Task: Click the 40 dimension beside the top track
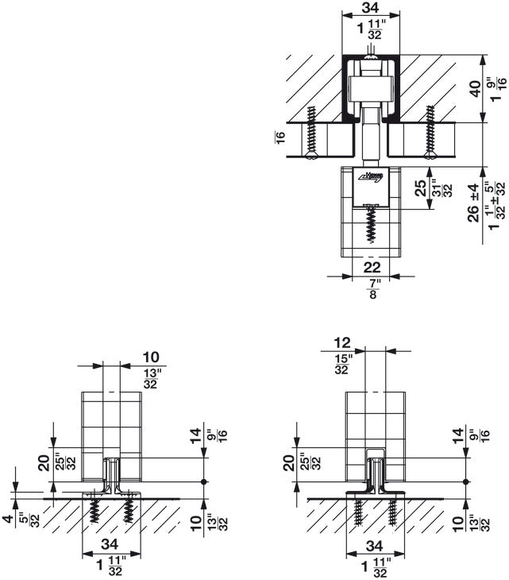click(x=475, y=88)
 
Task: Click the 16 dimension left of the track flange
click(x=280, y=137)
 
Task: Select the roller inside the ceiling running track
click(x=369, y=86)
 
